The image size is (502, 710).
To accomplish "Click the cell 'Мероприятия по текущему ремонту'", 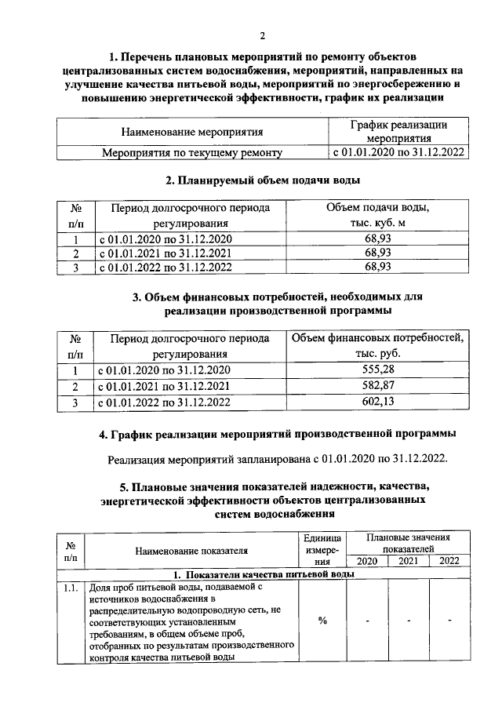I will point(191,152).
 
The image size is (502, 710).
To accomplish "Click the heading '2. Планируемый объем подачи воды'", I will point(263,180).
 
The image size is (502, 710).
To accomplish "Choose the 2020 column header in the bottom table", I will point(366,561).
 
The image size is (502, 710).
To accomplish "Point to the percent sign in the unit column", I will point(322,621).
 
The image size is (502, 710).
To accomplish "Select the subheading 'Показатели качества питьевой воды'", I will point(263,574).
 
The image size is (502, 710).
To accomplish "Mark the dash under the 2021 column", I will point(408,621).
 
